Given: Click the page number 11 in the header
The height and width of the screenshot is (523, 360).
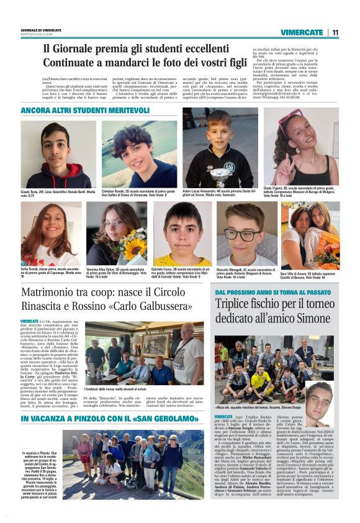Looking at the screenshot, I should click(335, 32).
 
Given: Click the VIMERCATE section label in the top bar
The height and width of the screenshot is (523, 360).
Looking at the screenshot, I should click(302, 32).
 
